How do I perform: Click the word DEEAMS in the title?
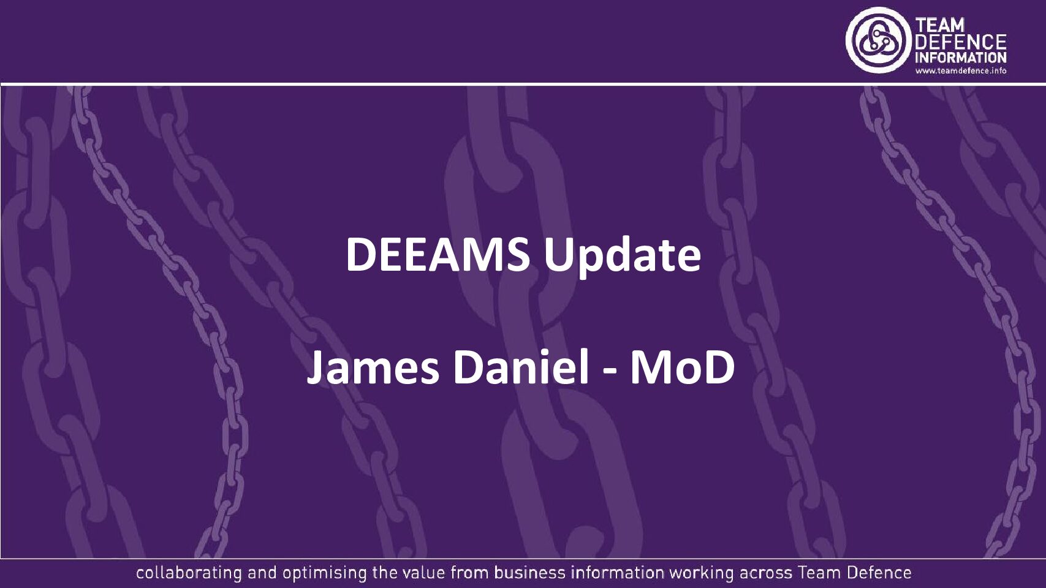[438, 254]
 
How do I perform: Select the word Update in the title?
[622, 255]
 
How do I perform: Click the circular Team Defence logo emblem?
[878, 40]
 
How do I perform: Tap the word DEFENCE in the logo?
[960, 42]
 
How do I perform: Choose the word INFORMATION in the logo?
[960, 58]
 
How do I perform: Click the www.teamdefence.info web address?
[960, 71]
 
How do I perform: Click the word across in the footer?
[765, 573]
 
